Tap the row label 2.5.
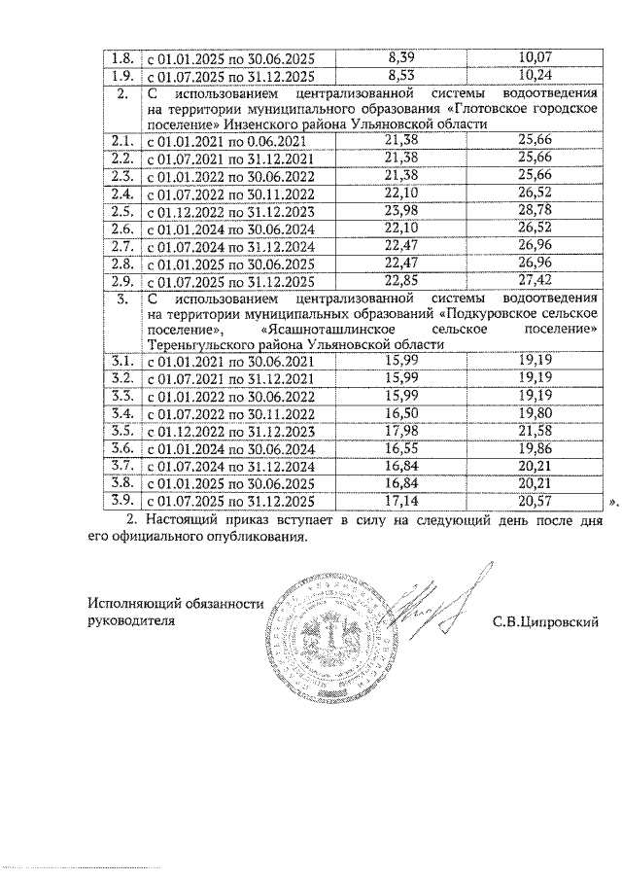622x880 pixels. (122, 211)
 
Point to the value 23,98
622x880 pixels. (400, 211)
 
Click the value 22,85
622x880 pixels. (400, 280)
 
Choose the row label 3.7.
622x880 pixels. (122, 467)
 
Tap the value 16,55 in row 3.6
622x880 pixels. (400, 449)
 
